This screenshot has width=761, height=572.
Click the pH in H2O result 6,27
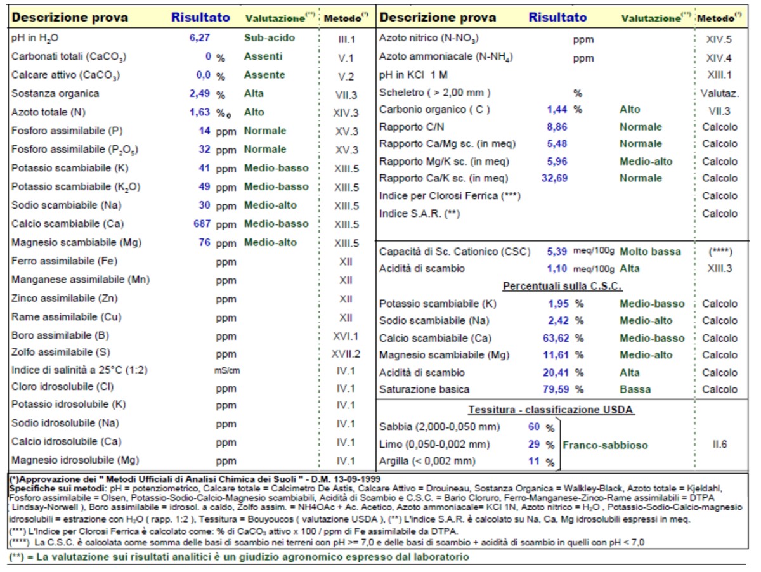pos(199,38)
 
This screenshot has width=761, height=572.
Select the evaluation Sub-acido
pos(270,38)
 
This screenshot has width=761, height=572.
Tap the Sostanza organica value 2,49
pos(199,94)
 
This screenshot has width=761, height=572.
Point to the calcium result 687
pos(202,224)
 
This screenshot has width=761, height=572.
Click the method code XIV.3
pos(346,113)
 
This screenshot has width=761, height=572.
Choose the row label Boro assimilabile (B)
pos(60,335)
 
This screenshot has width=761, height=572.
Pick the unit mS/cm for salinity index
pos(227,370)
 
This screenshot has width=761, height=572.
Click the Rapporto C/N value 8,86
pos(557,127)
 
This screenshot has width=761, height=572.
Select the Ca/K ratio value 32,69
pos(554,178)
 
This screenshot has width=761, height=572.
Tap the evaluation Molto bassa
pos(650,252)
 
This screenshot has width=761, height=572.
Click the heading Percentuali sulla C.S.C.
pos(563,287)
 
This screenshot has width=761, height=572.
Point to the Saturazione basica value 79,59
pos(556,389)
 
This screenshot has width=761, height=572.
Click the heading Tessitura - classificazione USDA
pos(551,410)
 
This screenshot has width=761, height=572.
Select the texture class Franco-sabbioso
pos(605,445)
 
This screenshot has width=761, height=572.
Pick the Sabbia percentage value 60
pos(534,427)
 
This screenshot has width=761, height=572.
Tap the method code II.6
pos(720,445)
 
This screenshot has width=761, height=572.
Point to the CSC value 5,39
pos(557,252)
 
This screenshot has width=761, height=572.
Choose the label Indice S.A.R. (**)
pos(420,214)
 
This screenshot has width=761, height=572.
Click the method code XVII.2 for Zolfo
pos(346,354)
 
